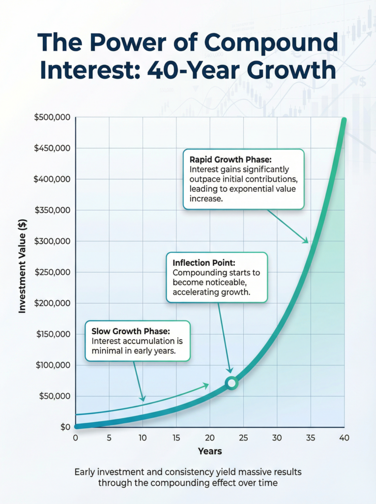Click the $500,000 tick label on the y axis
pos(52,118)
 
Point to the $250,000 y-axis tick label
pos(52,272)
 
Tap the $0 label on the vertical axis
pos(65,427)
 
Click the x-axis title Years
pos(210,451)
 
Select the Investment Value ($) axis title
pos(22,272)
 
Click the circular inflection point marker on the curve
pos(232,383)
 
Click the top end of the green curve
pos(344,121)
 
